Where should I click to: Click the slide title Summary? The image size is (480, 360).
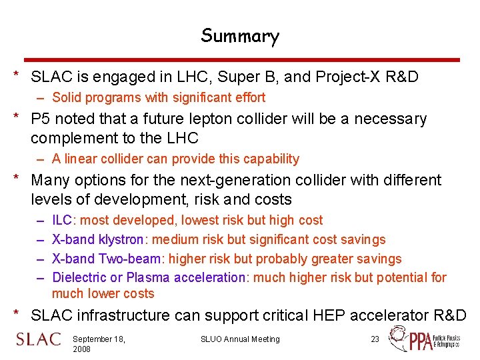(240, 35)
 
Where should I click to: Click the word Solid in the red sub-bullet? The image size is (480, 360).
(67, 98)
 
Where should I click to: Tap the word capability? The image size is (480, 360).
(273, 159)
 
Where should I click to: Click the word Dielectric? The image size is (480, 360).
(78, 277)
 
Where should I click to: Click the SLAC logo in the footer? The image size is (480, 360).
(38, 339)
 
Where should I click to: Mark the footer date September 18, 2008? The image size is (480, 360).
(99, 344)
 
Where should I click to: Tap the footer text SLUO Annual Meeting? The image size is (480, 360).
(240, 339)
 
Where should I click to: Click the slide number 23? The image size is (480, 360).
(375, 339)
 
